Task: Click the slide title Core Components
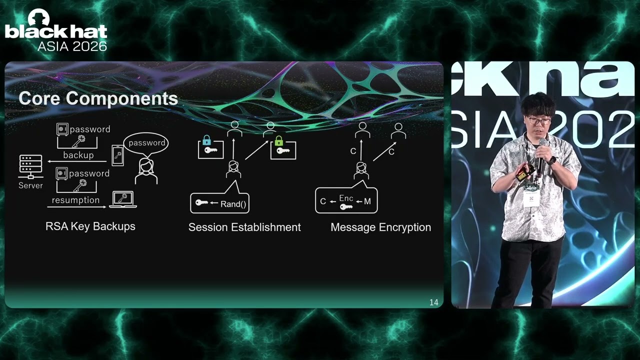tap(98, 98)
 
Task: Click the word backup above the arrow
tap(78, 155)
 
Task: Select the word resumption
tap(75, 200)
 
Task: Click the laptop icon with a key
tap(123, 199)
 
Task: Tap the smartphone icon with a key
tap(117, 155)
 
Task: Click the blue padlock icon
tap(206, 140)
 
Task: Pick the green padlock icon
tap(278, 141)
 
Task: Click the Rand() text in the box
tap(233, 204)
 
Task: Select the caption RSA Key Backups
tap(90, 226)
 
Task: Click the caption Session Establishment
tap(244, 227)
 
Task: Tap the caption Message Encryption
tap(381, 227)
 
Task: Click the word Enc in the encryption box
tap(346, 198)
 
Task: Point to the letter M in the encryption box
tap(367, 201)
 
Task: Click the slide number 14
tap(433, 302)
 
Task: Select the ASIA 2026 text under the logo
tap(72, 46)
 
